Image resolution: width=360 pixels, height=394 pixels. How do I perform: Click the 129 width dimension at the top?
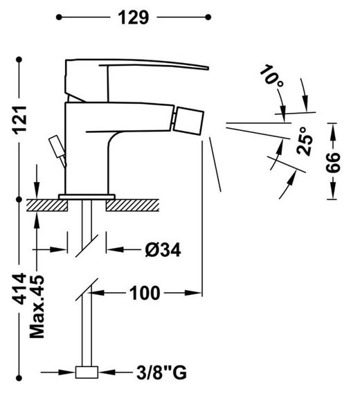[134, 17]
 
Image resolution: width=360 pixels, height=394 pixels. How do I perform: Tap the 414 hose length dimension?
[19, 289]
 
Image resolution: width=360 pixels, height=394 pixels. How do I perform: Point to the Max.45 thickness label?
[37, 307]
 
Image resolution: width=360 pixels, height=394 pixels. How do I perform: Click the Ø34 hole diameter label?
[163, 250]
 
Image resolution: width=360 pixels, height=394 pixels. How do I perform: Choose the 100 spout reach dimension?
[145, 293]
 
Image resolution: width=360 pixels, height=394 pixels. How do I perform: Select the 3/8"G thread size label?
[161, 372]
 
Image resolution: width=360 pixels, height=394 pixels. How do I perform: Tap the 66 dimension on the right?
[333, 162]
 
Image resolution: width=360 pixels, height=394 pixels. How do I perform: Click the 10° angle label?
[272, 76]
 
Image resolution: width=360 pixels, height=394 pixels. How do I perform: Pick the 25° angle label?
[305, 141]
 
